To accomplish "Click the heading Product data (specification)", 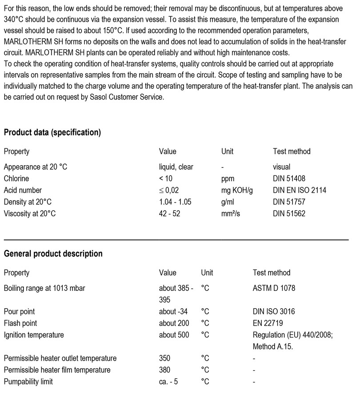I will tap(52, 132).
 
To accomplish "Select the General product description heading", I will tap(53, 254).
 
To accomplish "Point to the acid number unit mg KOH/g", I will tap(237, 190).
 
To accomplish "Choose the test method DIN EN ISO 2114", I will tap(299, 190).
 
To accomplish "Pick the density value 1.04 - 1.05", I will tap(175, 202).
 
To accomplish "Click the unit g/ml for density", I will tap(227, 202).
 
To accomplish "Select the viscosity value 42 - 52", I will tap(169, 213).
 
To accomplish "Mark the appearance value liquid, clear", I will tap(176, 167).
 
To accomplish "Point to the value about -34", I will tap(173, 312).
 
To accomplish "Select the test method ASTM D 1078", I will tap(274, 288).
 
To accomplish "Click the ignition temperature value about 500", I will tap(174, 335).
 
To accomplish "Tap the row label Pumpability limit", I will tap(28, 381).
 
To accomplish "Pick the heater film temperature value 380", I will tap(164, 370).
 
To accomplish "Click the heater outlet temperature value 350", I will tap(164, 358).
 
